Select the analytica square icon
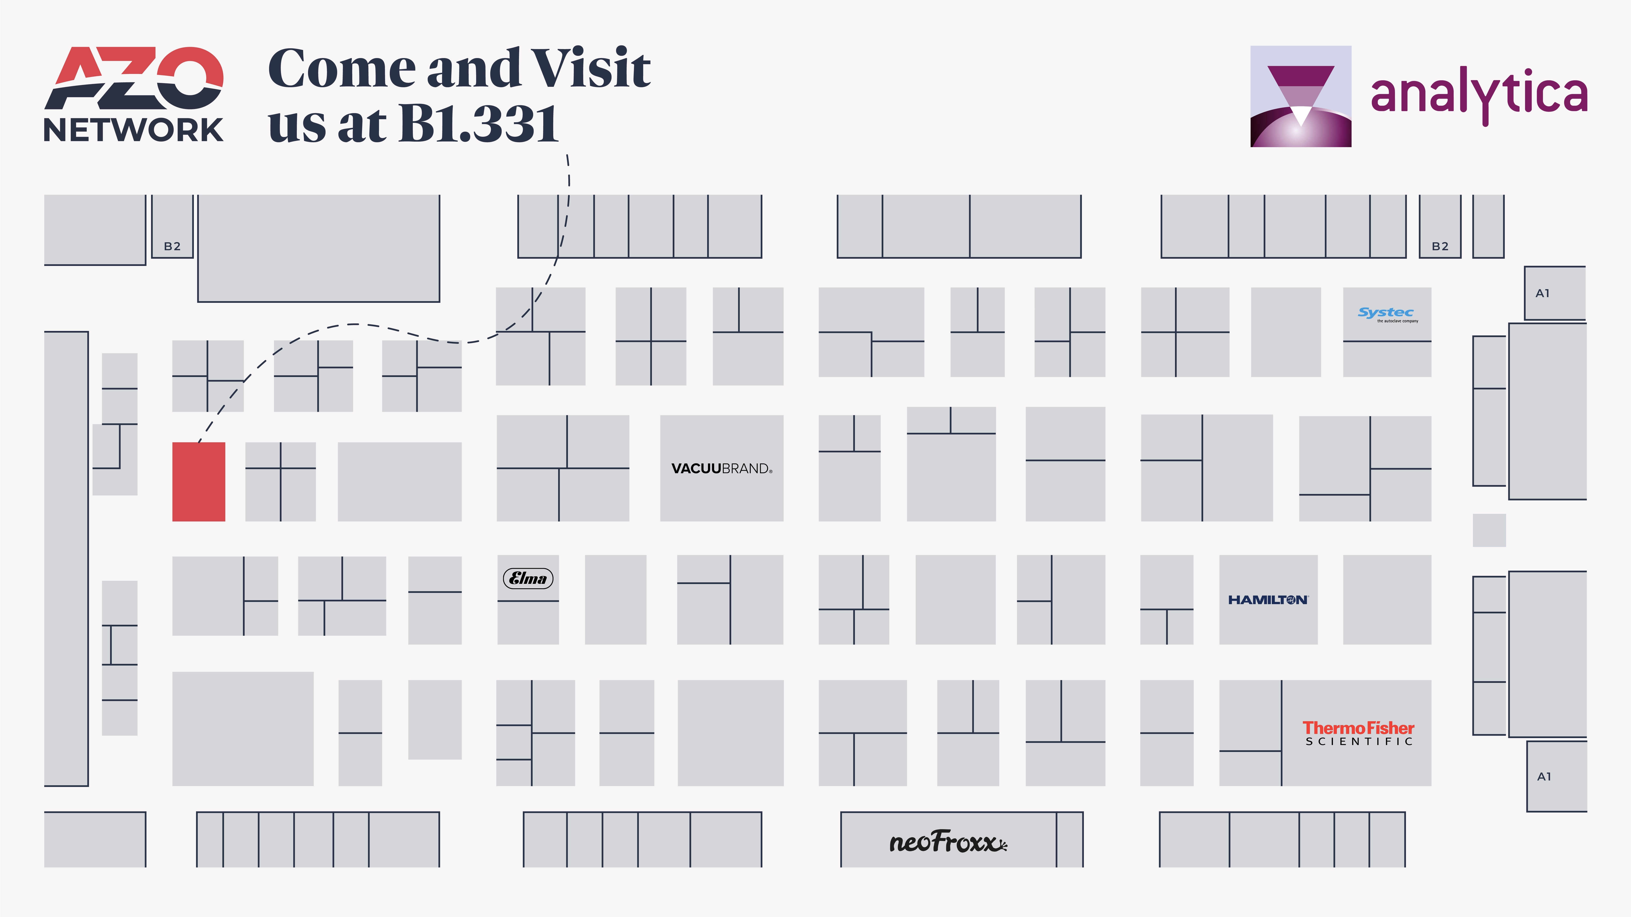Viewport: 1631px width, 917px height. click(1301, 96)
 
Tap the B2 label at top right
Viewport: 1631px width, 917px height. click(1440, 246)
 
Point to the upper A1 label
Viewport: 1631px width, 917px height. click(1542, 293)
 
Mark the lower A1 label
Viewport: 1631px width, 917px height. click(1544, 777)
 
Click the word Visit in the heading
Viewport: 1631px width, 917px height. click(590, 68)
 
